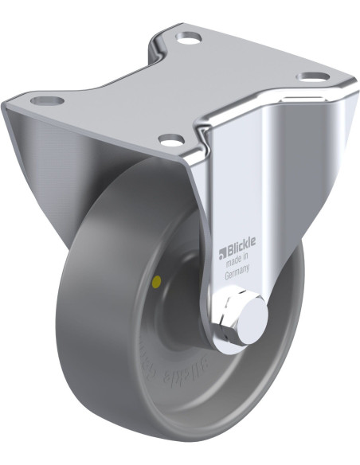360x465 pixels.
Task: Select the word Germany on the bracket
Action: coord(237,270)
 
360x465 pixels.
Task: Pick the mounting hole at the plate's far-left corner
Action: coord(45,101)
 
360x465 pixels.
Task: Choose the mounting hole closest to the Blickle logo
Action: coord(170,141)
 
